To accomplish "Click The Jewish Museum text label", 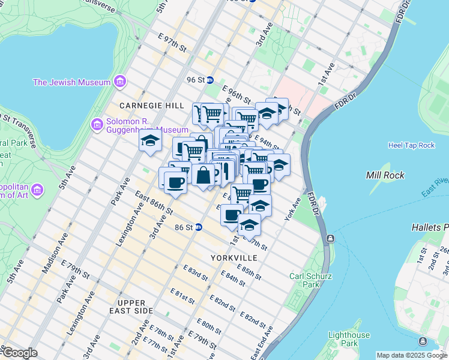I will [71, 82].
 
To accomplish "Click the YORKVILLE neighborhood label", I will [234, 257].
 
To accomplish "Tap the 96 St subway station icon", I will [210, 80].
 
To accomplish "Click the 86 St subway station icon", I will [198, 227].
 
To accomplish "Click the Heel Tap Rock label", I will [411, 145].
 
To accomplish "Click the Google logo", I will [19, 353].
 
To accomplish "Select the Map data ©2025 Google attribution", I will [412, 355].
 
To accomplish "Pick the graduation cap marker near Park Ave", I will [150, 142].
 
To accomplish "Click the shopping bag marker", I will [203, 176].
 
